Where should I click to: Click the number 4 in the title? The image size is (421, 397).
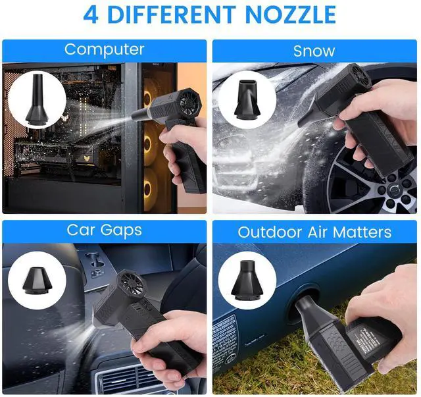[91, 14]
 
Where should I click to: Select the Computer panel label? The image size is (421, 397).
[105, 50]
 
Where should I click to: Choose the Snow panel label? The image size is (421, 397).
[314, 51]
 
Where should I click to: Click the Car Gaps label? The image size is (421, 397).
[105, 230]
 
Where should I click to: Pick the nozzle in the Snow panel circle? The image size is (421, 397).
[247, 99]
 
